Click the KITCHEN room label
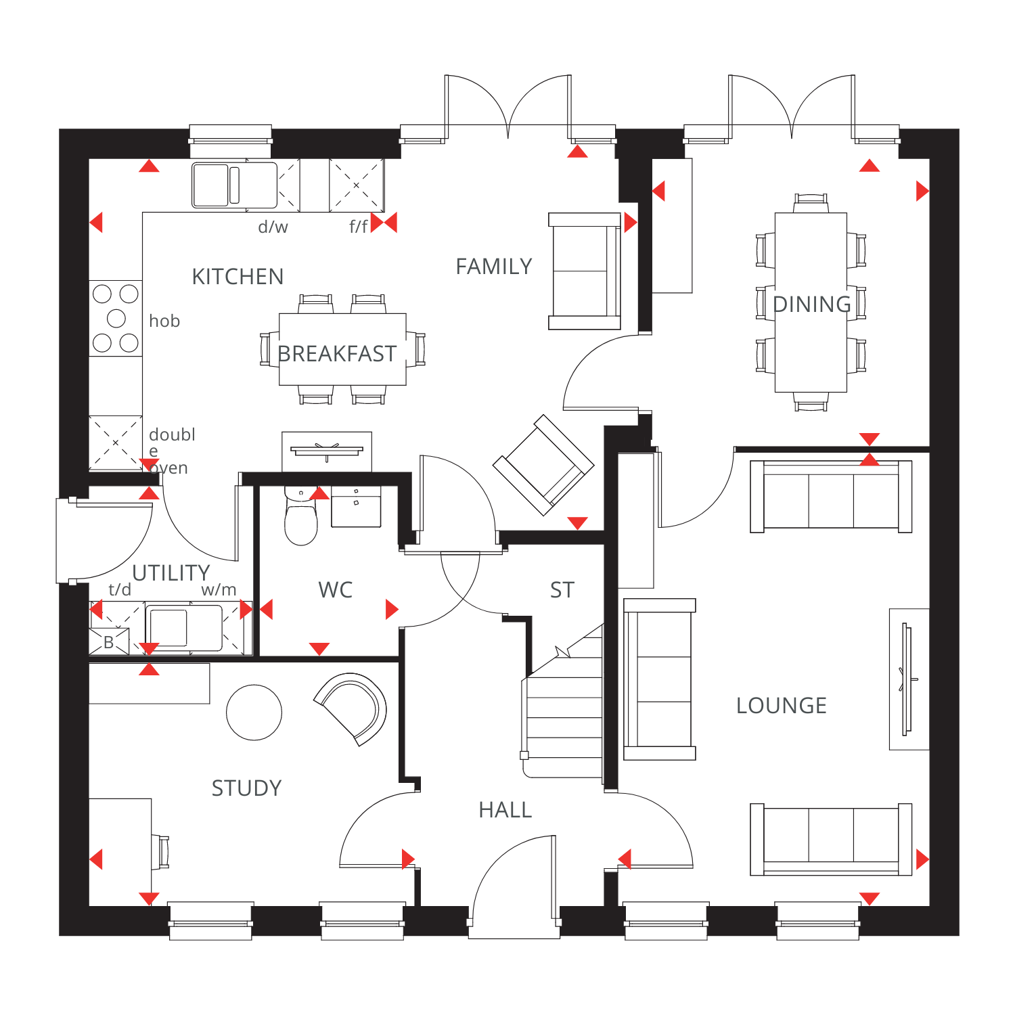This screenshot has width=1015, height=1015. tap(238, 277)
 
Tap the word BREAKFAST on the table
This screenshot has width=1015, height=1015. tap(337, 354)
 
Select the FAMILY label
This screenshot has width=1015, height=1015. tap(494, 267)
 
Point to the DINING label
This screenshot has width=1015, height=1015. tap(812, 304)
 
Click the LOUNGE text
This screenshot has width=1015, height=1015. tap(782, 706)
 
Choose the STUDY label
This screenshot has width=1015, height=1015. tap(246, 788)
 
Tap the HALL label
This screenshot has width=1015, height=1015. tap(505, 810)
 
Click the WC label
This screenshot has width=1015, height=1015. tap(336, 590)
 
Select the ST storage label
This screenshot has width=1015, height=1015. tap(562, 590)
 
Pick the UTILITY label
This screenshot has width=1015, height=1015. tap(171, 573)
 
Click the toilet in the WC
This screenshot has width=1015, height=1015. tap(301, 516)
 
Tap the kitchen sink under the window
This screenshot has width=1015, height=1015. tap(235, 185)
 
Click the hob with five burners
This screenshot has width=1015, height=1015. tap(116, 318)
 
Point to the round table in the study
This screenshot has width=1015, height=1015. tap(254, 713)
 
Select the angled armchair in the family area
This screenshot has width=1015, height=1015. tap(543, 465)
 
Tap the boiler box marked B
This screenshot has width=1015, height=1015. tap(109, 641)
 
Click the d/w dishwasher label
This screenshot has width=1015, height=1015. tap(273, 227)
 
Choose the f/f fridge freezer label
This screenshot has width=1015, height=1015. tap(359, 226)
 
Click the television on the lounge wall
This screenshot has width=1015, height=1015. tap(907, 679)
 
